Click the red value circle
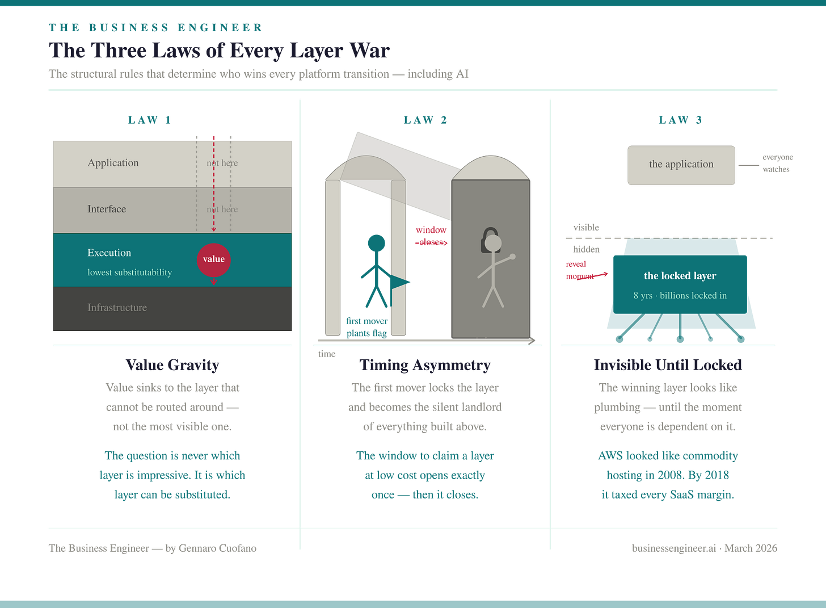click(214, 259)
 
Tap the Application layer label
click(113, 163)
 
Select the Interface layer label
click(107, 209)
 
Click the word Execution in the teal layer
click(109, 253)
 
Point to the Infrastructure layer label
click(117, 307)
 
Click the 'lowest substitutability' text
click(129, 272)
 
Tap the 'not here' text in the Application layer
click(222, 163)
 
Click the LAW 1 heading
click(149, 120)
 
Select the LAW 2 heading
click(425, 120)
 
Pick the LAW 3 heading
click(681, 120)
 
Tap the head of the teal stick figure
click(376, 243)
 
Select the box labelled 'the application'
click(681, 165)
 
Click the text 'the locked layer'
click(680, 276)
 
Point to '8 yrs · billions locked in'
click(680, 295)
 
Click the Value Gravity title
click(172, 365)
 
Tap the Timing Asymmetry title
click(425, 365)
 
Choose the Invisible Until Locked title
click(668, 365)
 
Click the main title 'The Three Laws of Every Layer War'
click(220, 51)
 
